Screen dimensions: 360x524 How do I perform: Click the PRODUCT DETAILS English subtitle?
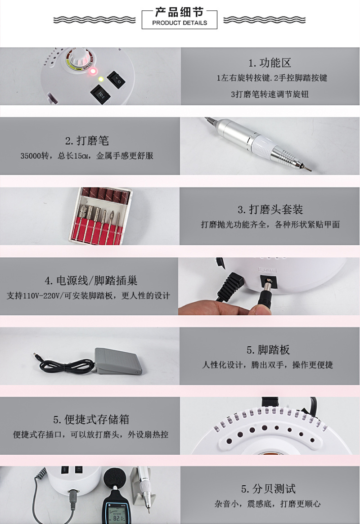click(180, 23)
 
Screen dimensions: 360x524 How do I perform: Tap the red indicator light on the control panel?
click(93, 71)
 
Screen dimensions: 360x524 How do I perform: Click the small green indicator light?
click(100, 79)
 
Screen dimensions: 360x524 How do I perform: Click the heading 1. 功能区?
click(270, 63)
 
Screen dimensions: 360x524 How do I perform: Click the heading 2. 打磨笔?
click(87, 141)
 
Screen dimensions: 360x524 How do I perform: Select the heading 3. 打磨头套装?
click(270, 210)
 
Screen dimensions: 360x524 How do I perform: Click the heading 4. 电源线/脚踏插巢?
click(91, 281)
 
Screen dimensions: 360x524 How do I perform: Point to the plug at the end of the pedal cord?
click(37, 356)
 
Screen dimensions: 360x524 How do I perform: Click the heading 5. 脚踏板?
click(268, 350)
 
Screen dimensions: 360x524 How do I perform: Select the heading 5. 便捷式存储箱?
click(91, 419)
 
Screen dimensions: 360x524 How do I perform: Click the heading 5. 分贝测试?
click(268, 489)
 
